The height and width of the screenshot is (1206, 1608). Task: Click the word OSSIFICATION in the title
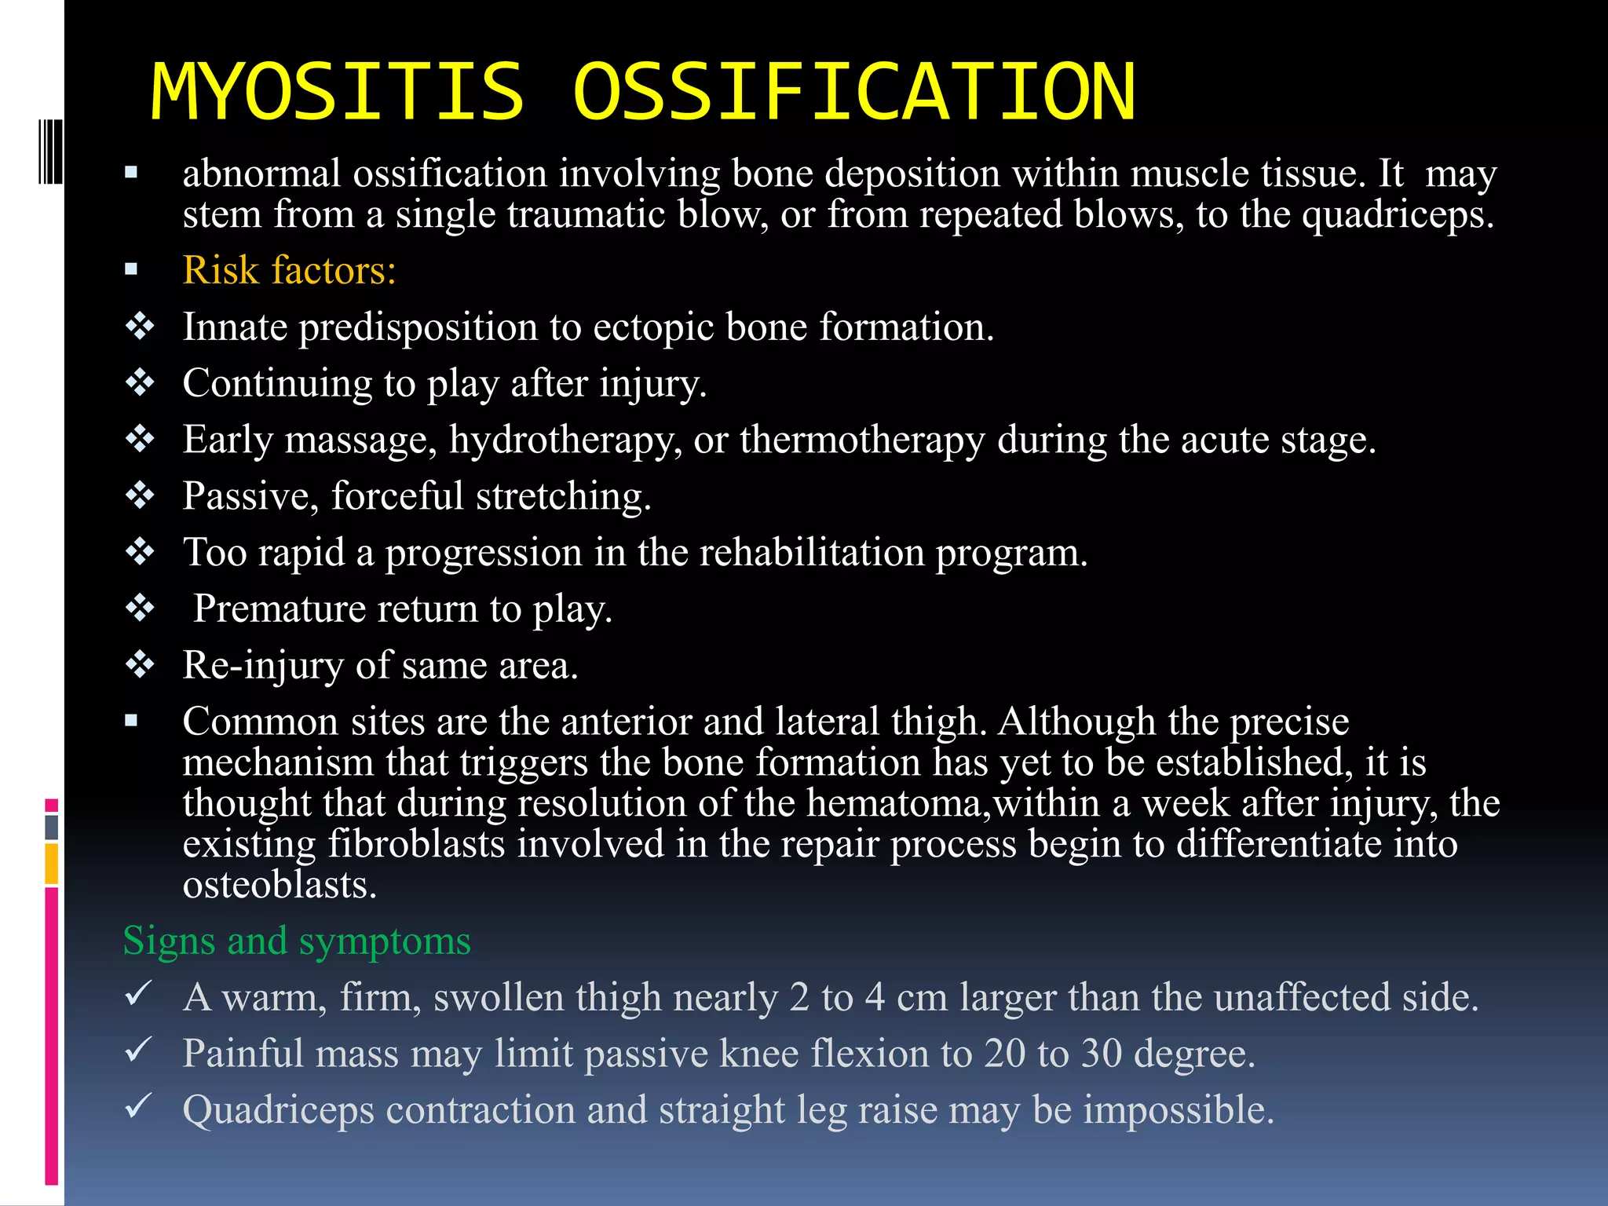(x=853, y=93)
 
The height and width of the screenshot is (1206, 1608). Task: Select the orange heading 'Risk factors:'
(x=289, y=271)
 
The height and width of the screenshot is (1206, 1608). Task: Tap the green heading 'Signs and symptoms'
(x=297, y=941)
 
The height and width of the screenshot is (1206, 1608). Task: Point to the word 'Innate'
(x=235, y=327)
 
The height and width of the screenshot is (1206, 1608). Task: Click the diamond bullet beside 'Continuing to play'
(x=140, y=383)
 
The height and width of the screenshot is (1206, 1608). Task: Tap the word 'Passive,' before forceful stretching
(x=250, y=496)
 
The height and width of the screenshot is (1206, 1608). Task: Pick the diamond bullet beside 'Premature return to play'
(x=140, y=608)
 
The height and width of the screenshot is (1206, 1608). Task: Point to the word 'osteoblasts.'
(x=280, y=885)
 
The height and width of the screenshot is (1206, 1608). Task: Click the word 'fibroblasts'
(x=416, y=844)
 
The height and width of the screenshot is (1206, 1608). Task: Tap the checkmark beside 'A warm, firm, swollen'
(x=138, y=995)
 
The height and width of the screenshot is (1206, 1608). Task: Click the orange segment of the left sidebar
(x=52, y=864)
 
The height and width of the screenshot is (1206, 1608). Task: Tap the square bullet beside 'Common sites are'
(x=131, y=721)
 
